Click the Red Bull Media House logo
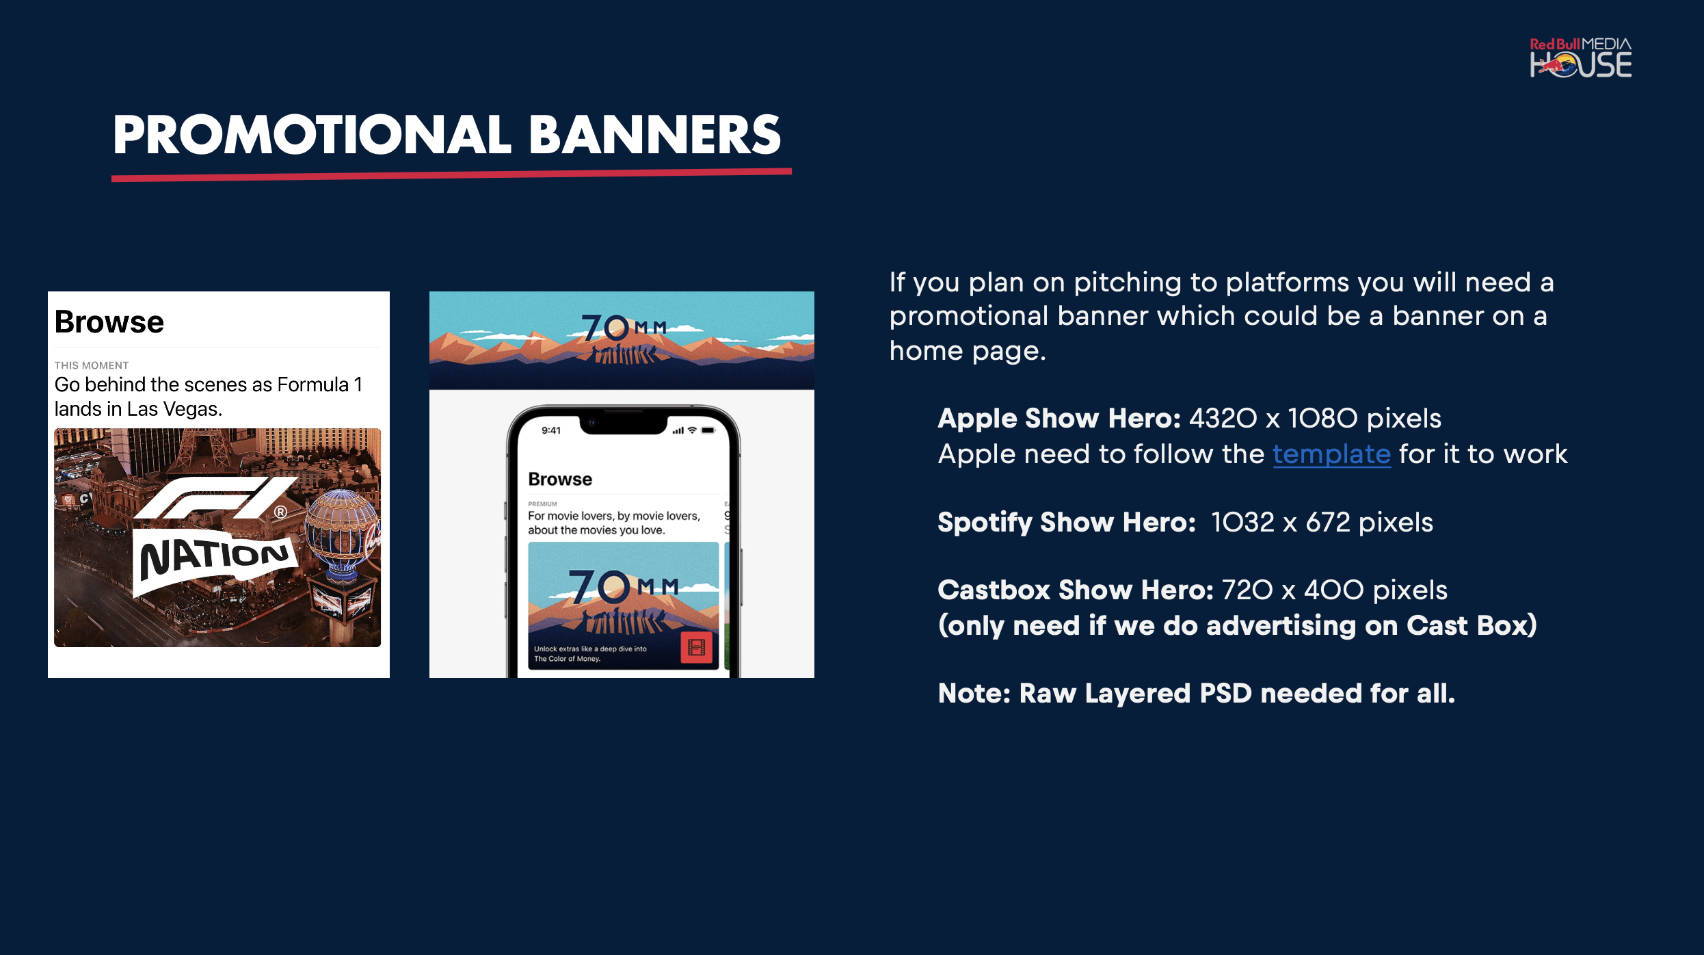tap(1580, 57)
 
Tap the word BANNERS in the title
tap(655, 135)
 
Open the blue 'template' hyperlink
tap(1331, 454)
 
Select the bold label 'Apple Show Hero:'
tap(1059, 418)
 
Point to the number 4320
tap(1223, 418)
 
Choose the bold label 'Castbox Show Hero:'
tap(1076, 590)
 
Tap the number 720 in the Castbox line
tap(1247, 590)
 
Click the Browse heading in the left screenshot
tap(109, 322)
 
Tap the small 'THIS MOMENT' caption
tap(92, 365)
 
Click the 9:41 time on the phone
tap(550, 430)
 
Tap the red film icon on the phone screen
tap(696, 647)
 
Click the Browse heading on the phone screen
tap(560, 479)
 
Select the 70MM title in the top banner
tap(624, 328)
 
